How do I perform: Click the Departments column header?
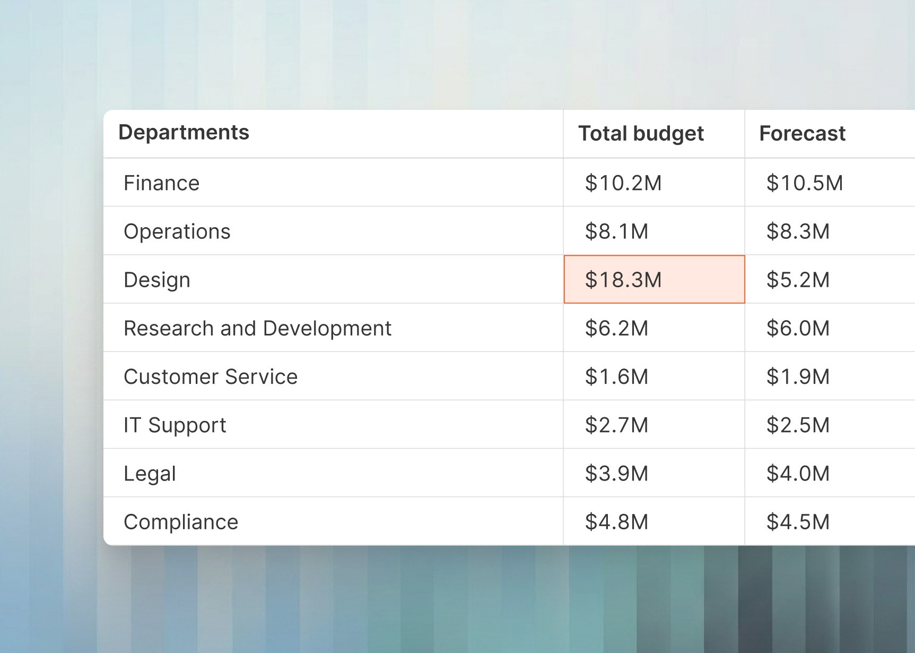(184, 133)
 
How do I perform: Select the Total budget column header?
(641, 134)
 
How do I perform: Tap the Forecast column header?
(802, 134)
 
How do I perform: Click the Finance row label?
(162, 183)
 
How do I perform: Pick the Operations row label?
(177, 231)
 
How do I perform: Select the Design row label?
(157, 280)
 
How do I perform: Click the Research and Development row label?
(257, 328)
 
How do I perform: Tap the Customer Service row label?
(211, 377)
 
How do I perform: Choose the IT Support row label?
(175, 425)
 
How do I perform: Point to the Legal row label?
(150, 474)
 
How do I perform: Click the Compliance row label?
(181, 522)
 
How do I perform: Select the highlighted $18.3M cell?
(623, 280)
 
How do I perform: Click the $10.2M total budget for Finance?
(623, 183)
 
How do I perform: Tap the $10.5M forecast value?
(805, 183)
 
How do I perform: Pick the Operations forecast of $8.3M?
(798, 231)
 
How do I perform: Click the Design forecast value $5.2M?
(798, 280)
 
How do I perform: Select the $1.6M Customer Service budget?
(616, 377)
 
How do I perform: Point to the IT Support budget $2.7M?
(616, 425)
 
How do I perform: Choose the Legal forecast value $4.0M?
(798, 474)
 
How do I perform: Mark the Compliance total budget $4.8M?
(616, 522)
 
